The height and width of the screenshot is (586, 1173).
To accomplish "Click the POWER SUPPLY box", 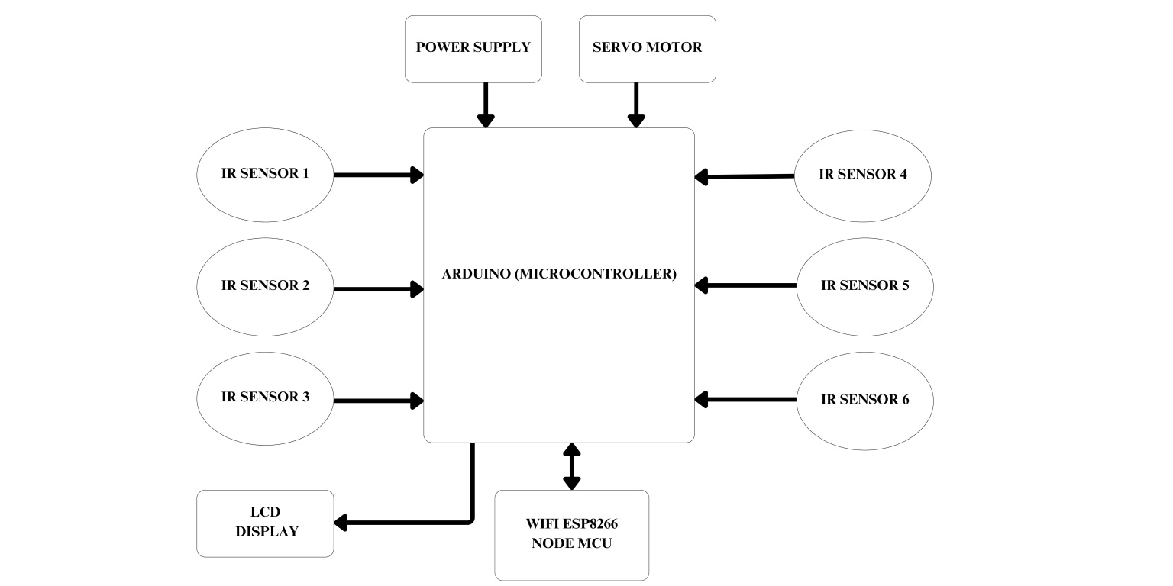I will click(x=473, y=48).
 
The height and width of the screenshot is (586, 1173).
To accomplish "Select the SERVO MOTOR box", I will click(x=647, y=48).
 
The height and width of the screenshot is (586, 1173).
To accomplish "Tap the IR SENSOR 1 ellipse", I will click(x=265, y=174).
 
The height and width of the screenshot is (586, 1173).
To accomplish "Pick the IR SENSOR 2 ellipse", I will click(x=265, y=286).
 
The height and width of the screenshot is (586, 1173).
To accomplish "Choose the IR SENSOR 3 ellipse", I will click(x=265, y=398).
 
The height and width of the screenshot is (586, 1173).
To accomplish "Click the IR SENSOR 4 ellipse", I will click(x=862, y=174).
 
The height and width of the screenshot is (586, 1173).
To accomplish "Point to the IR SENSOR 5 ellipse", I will click(x=864, y=286).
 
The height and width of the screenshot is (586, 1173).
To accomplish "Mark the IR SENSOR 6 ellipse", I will click(x=864, y=399).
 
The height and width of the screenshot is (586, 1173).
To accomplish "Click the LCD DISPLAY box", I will click(x=266, y=523).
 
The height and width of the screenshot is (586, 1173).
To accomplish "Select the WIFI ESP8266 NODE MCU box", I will click(x=571, y=534).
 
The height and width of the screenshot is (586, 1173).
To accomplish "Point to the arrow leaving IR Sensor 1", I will click(x=378, y=175).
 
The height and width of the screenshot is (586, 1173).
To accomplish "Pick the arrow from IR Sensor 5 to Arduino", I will click(x=745, y=285).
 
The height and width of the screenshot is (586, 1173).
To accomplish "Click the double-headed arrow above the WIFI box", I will click(x=571, y=466).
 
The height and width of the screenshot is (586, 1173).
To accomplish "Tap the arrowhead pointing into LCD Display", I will click(x=341, y=523).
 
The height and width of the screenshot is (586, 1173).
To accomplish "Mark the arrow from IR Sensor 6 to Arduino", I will click(x=745, y=399).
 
